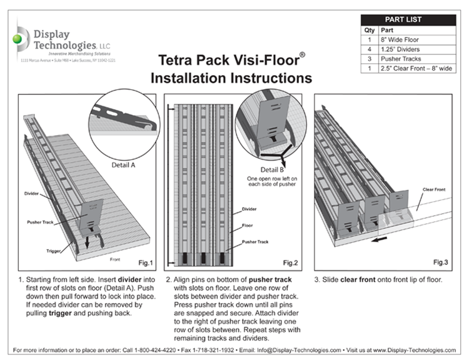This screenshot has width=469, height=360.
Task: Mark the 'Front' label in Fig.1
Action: (114, 257)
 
